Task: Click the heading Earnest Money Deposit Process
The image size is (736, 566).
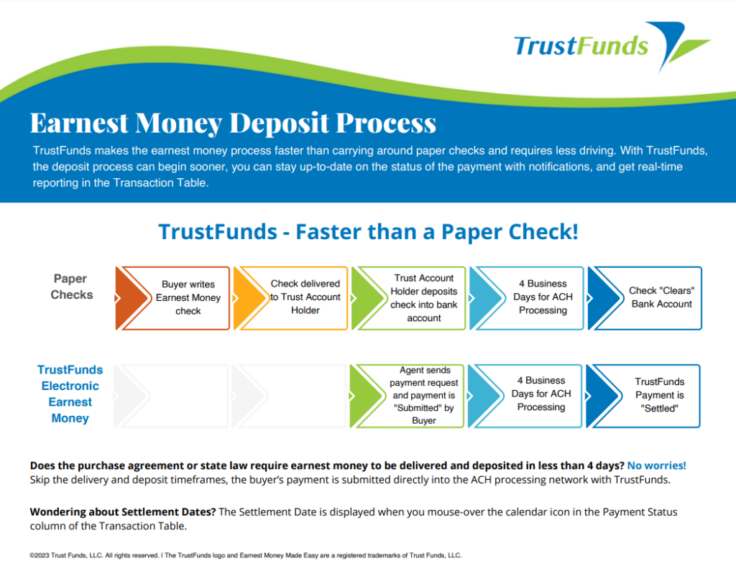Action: [234, 123]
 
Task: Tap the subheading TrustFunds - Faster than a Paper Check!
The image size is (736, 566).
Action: [369, 232]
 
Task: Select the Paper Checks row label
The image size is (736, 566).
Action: [71, 287]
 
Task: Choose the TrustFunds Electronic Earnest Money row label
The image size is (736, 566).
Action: [70, 394]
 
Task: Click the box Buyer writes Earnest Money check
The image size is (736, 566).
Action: [172, 298]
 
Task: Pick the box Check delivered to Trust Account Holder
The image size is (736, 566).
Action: [290, 298]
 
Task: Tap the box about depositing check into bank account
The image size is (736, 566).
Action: [408, 298]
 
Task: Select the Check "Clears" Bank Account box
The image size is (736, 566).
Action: [645, 298]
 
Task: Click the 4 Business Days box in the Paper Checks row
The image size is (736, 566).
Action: [527, 298]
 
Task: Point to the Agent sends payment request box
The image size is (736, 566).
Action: [407, 396]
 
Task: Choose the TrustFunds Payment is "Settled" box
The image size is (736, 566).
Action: [643, 396]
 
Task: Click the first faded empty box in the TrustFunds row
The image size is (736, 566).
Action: [171, 396]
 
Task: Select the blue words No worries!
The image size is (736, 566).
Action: [657, 465]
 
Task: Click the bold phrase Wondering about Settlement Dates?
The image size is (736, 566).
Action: [123, 511]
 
